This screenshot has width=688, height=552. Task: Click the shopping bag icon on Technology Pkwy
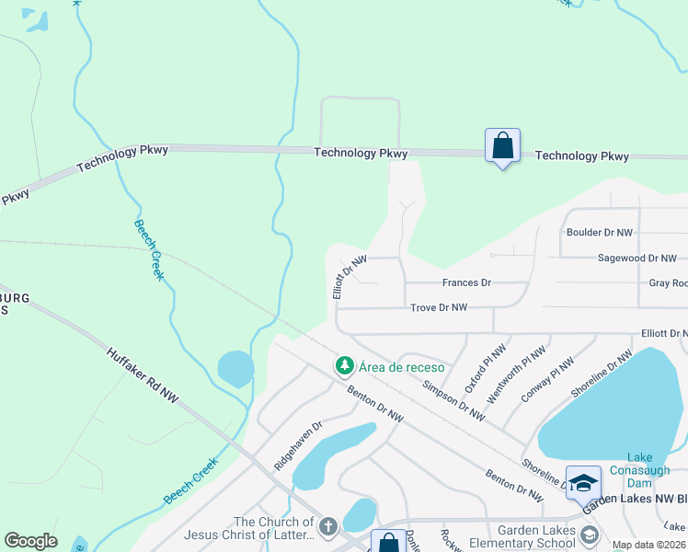pyautogui.click(x=502, y=145)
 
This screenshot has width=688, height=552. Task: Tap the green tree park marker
pyautogui.click(x=345, y=366)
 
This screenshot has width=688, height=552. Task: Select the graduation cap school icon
pyautogui.click(x=583, y=481)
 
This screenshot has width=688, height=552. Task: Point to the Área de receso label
pyautogui.click(x=402, y=367)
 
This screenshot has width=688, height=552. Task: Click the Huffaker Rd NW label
pyautogui.click(x=143, y=374)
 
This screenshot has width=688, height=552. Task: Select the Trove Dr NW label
pyautogui.click(x=439, y=307)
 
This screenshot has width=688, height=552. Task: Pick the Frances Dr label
pyautogui.click(x=466, y=282)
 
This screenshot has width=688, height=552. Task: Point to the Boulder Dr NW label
pyautogui.click(x=600, y=233)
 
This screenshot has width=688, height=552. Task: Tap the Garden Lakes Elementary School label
pyautogui.click(x=536, y=536)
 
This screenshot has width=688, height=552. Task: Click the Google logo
pyautogui.click(x=31, y=541)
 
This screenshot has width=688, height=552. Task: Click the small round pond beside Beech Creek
pyautogui.click(x=235, y=369)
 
